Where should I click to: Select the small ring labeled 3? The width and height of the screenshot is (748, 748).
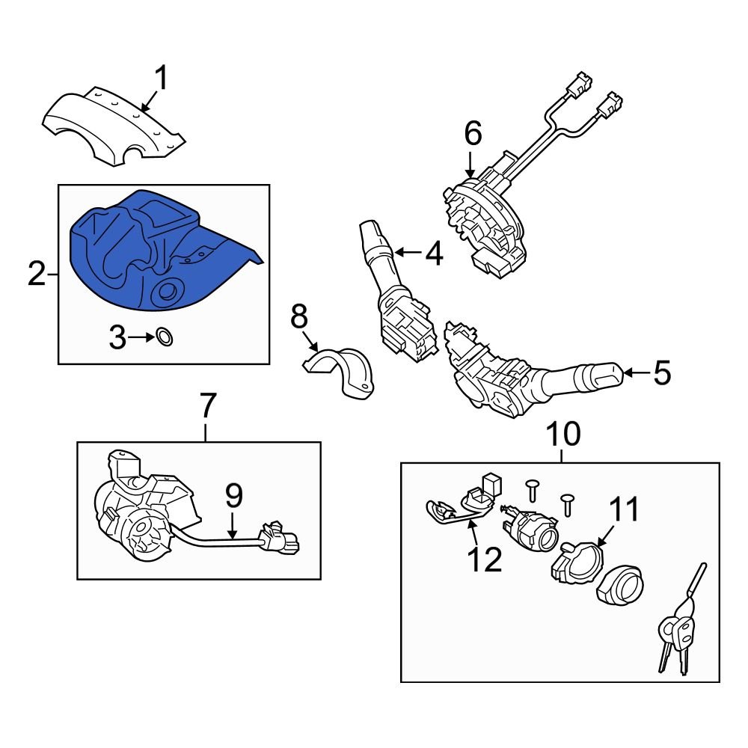pos(165,338)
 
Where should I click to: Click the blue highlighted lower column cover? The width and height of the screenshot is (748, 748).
pos(150,254)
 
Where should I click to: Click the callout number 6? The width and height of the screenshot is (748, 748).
pos(472,134)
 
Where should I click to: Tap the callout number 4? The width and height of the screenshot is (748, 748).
pos(433,254)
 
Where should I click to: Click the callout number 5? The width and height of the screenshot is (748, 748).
pos(662,373)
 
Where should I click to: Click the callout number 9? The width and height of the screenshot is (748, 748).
pos(233,494)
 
